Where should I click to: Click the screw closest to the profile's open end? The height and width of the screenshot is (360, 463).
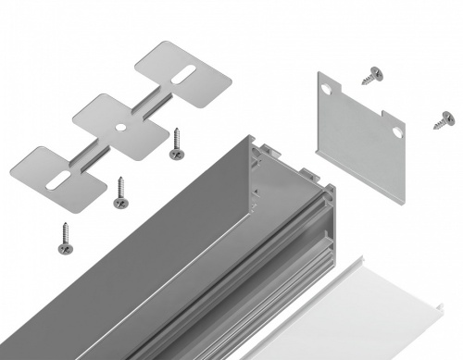point(175,143)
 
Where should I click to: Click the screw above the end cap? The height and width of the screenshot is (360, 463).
point(375,75)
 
